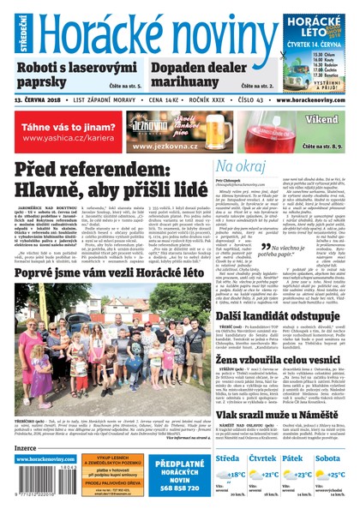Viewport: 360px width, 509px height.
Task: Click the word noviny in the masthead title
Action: [219, 31]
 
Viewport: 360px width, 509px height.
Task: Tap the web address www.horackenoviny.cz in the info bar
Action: [313, 100]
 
